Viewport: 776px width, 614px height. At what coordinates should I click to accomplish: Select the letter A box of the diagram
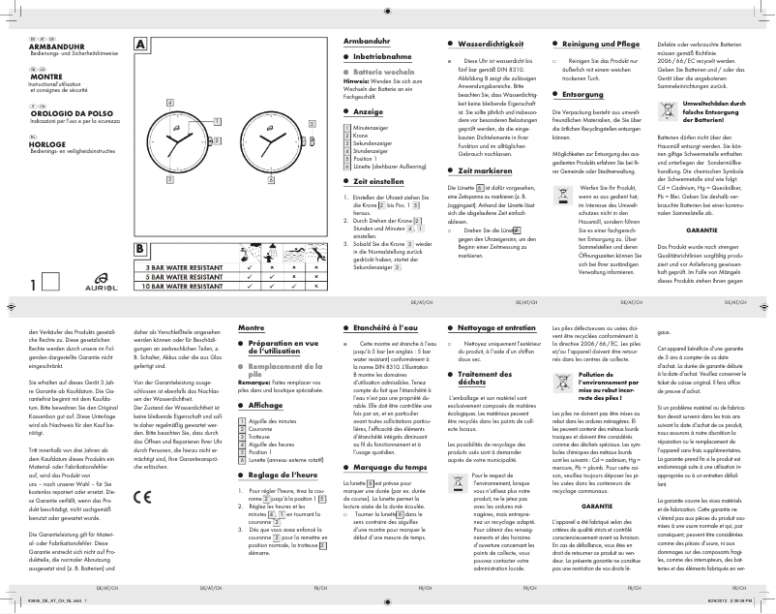click(x=141, y=45)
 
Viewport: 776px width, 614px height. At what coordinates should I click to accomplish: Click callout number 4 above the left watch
click(x=171, y=103)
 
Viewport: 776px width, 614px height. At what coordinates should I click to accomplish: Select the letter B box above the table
click(x=141, y=249)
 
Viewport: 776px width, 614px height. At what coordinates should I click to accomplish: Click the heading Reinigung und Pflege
click(x=600, y=46)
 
